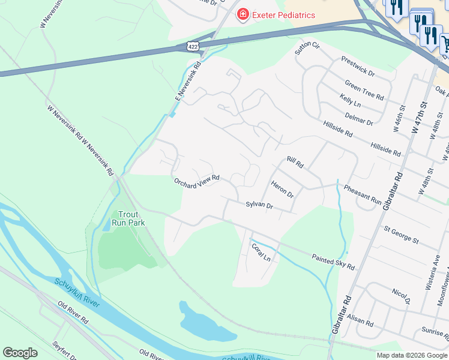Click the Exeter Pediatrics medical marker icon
[243, 14]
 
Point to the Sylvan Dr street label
[259, 205]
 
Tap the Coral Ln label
[261, 252]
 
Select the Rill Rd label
[295, 161]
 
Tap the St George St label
[401, 235]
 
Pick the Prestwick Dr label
[357, 66]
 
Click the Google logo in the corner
[20, 353]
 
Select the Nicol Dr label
[401, 296]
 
